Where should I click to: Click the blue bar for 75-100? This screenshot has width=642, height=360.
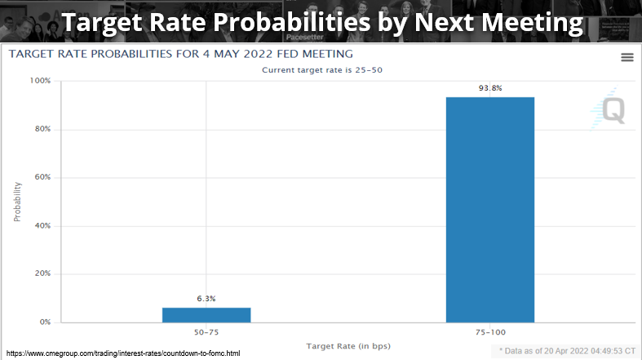(489, 209)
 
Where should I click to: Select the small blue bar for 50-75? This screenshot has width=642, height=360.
(206, 314)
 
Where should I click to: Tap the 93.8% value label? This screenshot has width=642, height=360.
(489, 88)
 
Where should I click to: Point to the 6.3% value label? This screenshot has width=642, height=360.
(206, 299)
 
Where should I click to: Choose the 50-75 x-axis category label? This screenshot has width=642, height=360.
(206, 333)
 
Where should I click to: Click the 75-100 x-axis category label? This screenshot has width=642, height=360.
(489, 333)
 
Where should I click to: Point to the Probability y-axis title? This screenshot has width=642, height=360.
(18, 202)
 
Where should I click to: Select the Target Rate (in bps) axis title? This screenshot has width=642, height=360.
(348, 346)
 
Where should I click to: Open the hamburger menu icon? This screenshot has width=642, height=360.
(627, 56)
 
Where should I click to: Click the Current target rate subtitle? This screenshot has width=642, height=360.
(322, 70)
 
